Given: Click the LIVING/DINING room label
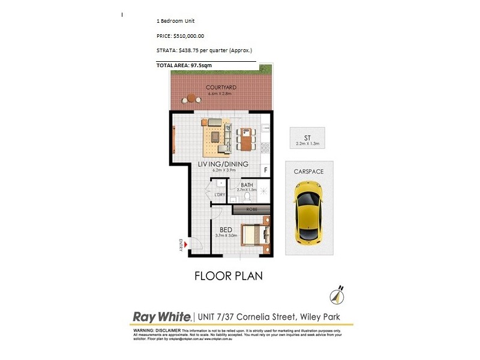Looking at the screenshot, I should coord(223,164).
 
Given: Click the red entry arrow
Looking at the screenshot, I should coord(186,244).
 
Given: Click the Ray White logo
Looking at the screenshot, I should coord(161,316).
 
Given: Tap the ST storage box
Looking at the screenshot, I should coord(306,137).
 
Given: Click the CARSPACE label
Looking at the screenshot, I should coord(308,172).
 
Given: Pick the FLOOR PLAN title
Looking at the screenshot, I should coord(229,277).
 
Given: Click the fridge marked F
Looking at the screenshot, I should coord(265,170).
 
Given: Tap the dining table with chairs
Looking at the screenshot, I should coord(244,139).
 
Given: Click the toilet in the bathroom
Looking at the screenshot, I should coord(247,196).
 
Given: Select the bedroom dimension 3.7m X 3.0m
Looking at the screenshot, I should coord(226,236).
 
